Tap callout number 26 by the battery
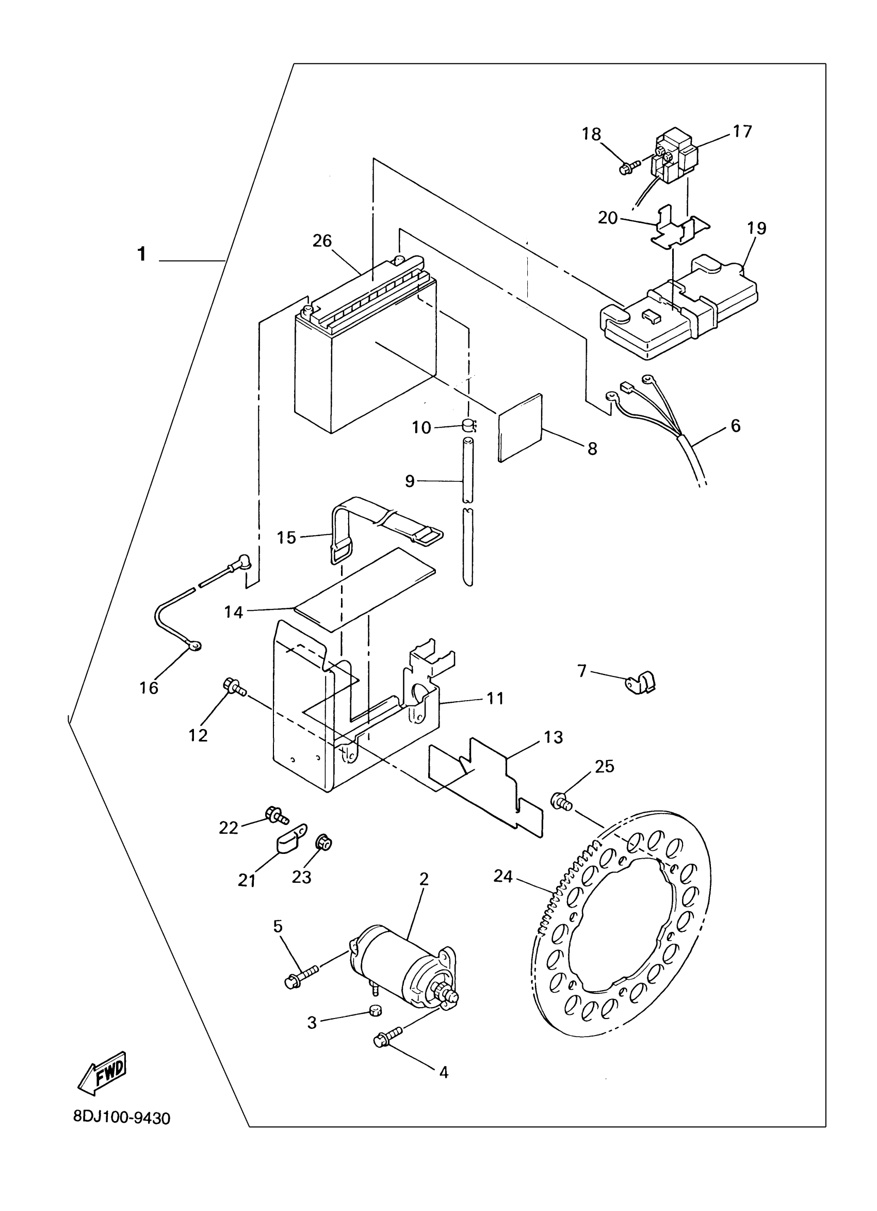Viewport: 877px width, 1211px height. click(x=322, y=241)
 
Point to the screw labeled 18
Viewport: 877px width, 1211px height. click(x=628, y=167)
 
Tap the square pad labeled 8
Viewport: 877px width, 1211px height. click(x=521, y=427)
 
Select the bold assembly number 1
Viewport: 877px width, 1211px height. click(x=141, y=254)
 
